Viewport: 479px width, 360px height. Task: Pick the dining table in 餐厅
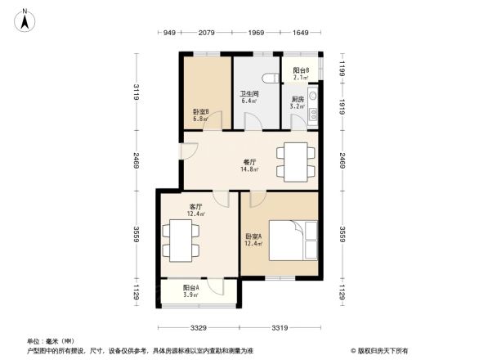tap(293, 160)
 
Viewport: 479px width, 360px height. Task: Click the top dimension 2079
tap(207, 33)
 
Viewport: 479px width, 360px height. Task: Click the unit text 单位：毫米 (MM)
tap(50, 341)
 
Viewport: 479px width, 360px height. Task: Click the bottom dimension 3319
tap(279, 329)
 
